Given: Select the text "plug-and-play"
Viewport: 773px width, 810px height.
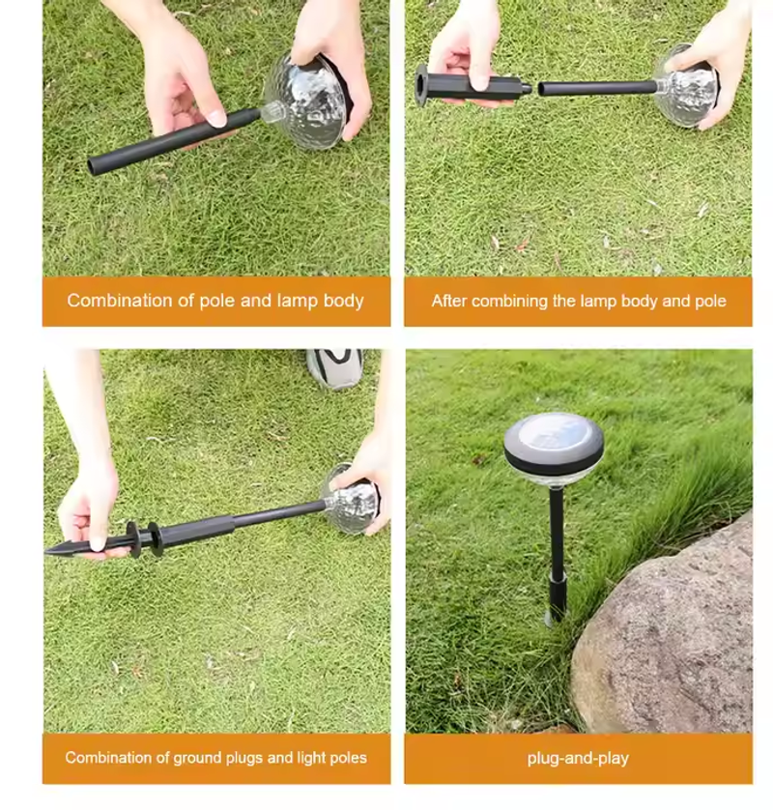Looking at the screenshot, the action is click(578, 759).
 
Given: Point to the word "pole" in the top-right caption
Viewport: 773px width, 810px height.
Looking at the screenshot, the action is click(711, 301).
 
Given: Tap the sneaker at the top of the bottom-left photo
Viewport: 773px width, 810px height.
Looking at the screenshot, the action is click(335, 367).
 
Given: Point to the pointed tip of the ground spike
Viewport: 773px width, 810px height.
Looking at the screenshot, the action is click(47, 552).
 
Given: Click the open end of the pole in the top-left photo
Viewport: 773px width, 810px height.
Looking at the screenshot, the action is click(93, 167).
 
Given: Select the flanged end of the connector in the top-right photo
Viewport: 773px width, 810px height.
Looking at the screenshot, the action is click(422, 86).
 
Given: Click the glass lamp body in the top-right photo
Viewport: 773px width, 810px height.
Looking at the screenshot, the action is click(688, 88).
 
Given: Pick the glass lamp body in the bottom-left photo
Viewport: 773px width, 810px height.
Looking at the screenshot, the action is click(351, 500).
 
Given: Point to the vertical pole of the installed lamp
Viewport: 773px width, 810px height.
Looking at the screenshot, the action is click(557, 553).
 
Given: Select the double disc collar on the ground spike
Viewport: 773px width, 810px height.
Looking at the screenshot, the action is click(145, 538).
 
